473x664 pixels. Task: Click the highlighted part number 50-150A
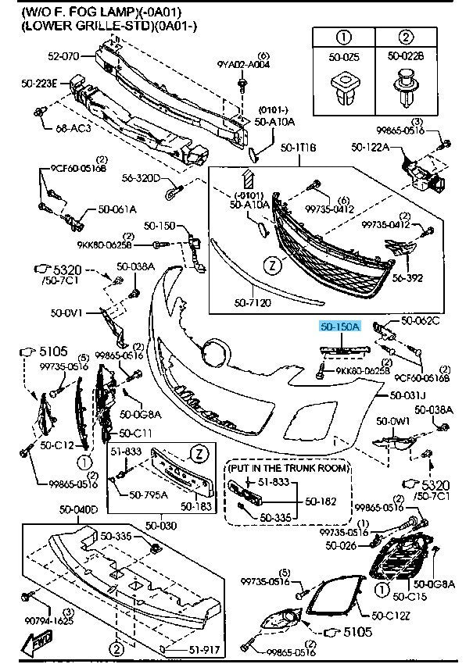coord(339,328)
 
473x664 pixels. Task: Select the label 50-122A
coord(371,146)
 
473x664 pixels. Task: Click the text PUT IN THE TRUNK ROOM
coord(288,467)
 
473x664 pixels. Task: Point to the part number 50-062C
coord(421,320)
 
